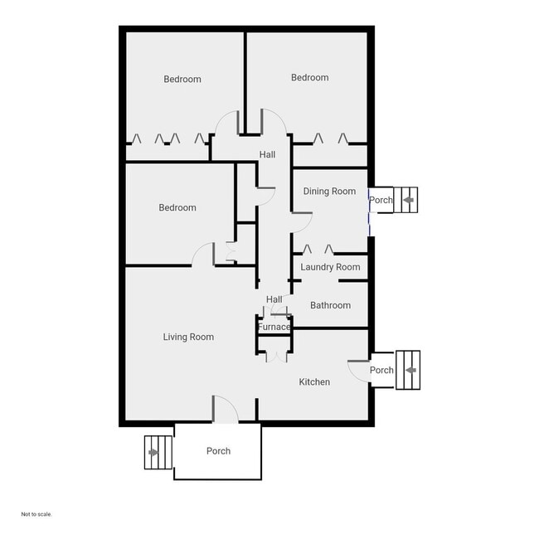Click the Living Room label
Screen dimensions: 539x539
pyautogui.click(x=188, y=337)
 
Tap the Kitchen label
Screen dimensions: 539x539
pyautogui.click(x=314, y=382)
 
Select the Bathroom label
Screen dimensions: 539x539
pyautogui.click(x=330, y=305)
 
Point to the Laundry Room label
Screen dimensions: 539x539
pyautogui.click(x=330, y=267)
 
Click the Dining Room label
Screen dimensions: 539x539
pyautogui.click(x=329, y=192)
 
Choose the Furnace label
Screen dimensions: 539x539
pyautogui.click(x=274, y=327)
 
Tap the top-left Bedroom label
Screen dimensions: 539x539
pyautogui.click(x=182, y=80)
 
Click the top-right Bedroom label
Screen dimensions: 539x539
pyautogui.click(x=309, y=78)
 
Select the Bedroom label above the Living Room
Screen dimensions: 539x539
pyautogui.click(x=177, y=207)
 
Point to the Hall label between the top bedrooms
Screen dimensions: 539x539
pyautogui.click(x=267, y=155)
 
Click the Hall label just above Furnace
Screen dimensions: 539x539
pyautogui.click(x=274, y=299)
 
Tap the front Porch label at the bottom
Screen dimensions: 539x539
pyautogui.click(x=218, y=451)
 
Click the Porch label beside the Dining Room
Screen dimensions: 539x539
pyautogui.click(x=381, y=200)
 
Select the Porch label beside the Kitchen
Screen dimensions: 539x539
pyautogui.click(x=381, y=370)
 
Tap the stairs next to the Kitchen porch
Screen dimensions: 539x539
pyautogui.click(x=408, y=370)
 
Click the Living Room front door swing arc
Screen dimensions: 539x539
pyautogui.click(x=225, y=408)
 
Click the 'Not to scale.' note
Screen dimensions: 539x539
pyautogui.click(x=36, y=514)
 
